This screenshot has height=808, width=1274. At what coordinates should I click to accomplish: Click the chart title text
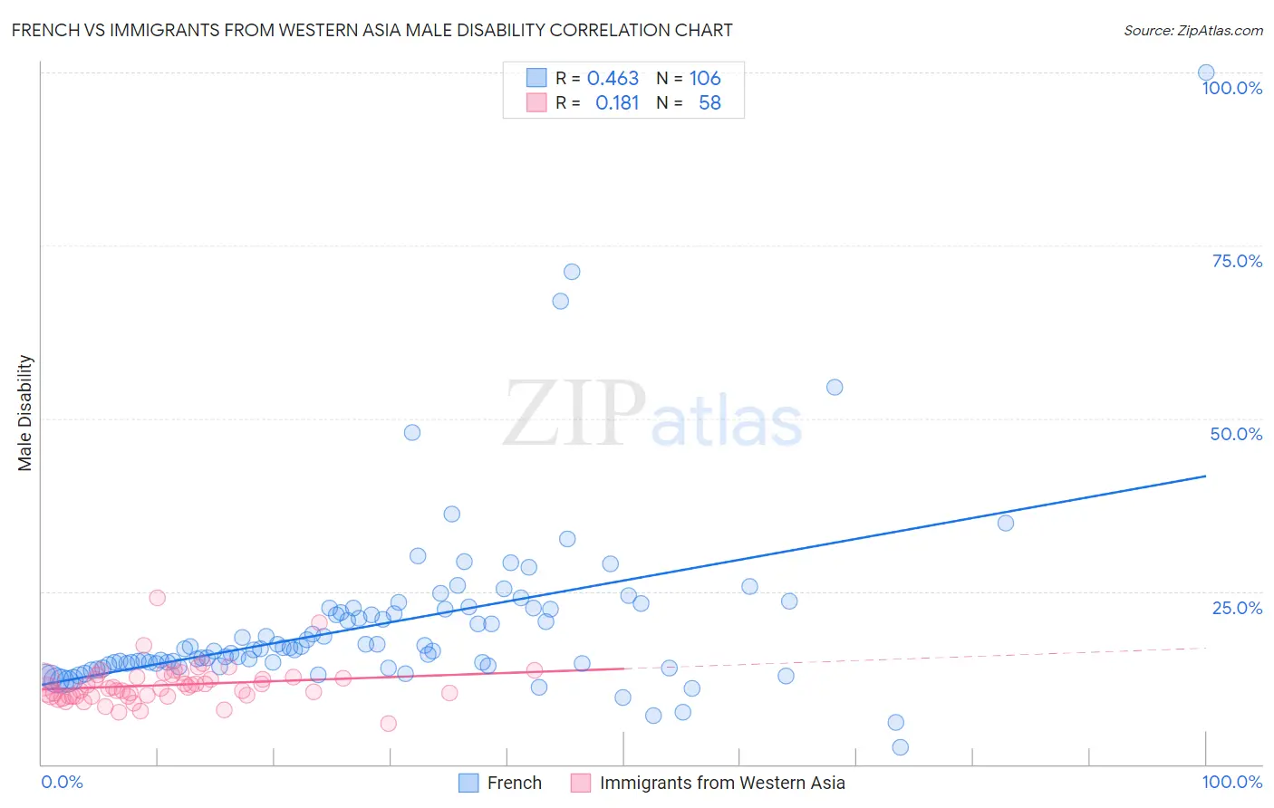coord(372,30)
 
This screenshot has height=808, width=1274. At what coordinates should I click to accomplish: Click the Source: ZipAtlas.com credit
coord(1192,30)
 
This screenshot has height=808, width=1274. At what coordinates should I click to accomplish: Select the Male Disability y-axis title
coord(24,413)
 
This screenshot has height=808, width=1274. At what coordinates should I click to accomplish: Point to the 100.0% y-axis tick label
coord(1231,88)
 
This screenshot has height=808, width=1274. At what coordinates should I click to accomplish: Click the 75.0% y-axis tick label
coord(1237,261)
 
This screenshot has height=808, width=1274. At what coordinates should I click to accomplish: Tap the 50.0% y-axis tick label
coord(1236,434)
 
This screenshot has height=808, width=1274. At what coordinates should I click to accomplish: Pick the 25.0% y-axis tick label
coord(1237,608)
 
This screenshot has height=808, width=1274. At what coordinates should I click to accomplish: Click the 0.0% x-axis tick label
coord(62,782)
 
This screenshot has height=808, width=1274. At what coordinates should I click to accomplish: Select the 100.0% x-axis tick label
coord(1231,782)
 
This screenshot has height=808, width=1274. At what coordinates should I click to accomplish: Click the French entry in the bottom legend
coord(514,783)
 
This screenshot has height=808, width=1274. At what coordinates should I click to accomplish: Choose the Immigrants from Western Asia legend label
coord(721,783)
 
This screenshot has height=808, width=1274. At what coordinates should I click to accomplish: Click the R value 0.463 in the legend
coord(613,79)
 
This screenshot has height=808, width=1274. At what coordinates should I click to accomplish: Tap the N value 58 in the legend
coord(709,103)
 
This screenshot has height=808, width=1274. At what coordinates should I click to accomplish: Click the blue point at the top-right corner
coord(1206,72)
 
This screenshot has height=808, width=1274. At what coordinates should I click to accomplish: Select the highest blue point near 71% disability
coord(572,272)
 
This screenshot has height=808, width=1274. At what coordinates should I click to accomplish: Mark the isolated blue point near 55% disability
coord(835,387)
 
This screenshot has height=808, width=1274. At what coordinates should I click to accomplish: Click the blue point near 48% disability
coord(412,432)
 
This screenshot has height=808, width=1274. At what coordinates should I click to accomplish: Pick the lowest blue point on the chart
coord(900,747)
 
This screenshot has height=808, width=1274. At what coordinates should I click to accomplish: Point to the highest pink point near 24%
coord(157,597)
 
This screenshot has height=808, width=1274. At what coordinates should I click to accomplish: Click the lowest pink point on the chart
coord(388,723)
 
